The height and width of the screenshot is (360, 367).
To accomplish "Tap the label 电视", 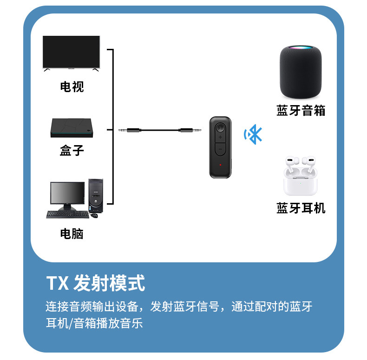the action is point(72,87).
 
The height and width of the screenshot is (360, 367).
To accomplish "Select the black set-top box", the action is point(72,129).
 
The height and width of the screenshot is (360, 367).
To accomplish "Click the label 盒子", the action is point(72,150).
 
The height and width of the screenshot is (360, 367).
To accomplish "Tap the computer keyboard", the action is point(67,215).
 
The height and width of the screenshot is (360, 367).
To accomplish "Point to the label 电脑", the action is point(72,233).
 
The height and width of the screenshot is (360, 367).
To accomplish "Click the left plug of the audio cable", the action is point(128,130).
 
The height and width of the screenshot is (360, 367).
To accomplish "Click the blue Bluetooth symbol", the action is point(254,135).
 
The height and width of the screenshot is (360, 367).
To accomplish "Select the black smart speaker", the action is point(300,72).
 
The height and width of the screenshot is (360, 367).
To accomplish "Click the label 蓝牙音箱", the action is point(301,111).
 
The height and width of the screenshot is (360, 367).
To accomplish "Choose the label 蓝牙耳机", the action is point(301,208).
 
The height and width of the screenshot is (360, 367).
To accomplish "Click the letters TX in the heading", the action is point(58,283).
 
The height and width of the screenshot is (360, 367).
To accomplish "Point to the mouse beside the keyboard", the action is point(95,215).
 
